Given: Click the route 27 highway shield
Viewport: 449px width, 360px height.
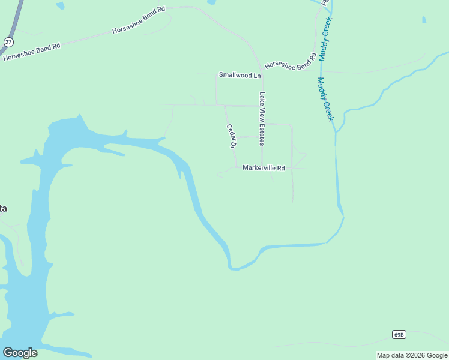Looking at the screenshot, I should [x=8, y=41].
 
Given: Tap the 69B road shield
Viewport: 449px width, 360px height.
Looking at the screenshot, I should [x=399, y=334].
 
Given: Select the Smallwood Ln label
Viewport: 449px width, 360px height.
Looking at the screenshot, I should [x=240, y=75].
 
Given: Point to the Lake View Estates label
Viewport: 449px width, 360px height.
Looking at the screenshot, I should [x=262, y=119].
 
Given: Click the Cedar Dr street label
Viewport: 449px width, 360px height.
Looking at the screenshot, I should [x=231, y=136].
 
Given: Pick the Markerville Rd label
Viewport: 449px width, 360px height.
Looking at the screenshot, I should [x=264, y=168].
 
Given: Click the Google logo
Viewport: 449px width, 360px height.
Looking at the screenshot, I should [x=20, y=353].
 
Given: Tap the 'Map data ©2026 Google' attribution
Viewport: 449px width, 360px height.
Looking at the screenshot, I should [x=411, y=355].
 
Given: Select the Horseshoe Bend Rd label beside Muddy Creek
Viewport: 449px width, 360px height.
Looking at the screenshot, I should [x=291, y=62].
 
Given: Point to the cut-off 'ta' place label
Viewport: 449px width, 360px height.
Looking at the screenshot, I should [x=3, y=208].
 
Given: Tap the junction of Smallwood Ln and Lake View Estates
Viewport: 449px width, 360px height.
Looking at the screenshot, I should [x=262, y=75].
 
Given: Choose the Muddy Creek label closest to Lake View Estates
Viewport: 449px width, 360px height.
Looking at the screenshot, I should [x=325, y=99].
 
